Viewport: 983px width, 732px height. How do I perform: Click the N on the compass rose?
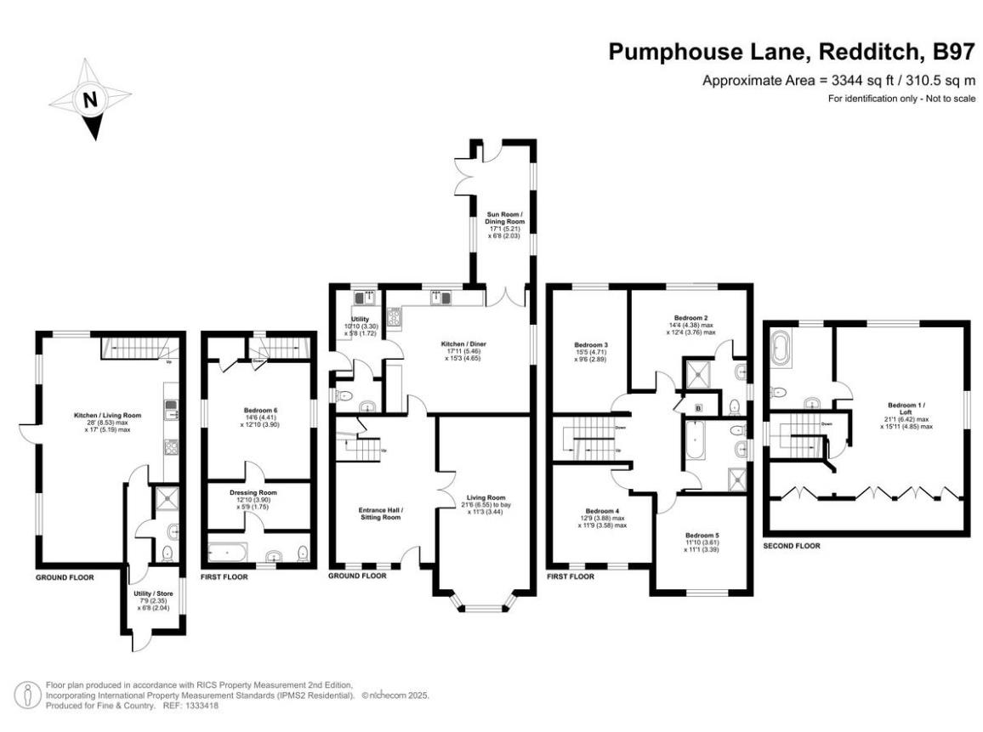[x=88, y=99]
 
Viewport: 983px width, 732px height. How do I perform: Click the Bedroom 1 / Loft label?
[x=907, y=406]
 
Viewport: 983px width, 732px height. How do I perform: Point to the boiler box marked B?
[x=699, y=409]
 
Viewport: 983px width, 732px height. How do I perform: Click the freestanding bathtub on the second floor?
[x=781, y=349]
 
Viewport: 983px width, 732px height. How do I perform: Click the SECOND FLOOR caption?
[x=791, y=546]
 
